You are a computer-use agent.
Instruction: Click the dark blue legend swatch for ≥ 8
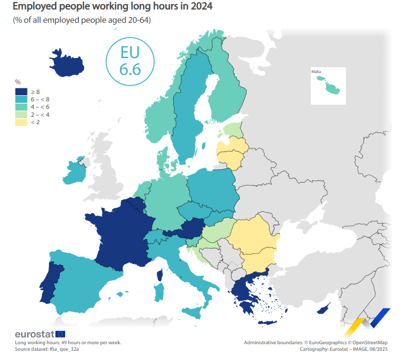click(x=21, y=92)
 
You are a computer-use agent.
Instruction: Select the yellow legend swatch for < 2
click(x=21, y=122)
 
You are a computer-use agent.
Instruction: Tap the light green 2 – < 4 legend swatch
click(x=21, y=115)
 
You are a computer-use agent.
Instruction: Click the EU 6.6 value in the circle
click(x=130, y=61)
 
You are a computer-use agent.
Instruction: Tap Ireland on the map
click(x=75, y=172)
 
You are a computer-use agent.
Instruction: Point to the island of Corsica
click(x=160, y=275)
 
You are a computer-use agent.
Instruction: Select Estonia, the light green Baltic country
click(x=232, y=131)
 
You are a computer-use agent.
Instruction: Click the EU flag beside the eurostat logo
click(x=60, y=333)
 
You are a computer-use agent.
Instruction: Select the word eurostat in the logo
click(x=34, y=334)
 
